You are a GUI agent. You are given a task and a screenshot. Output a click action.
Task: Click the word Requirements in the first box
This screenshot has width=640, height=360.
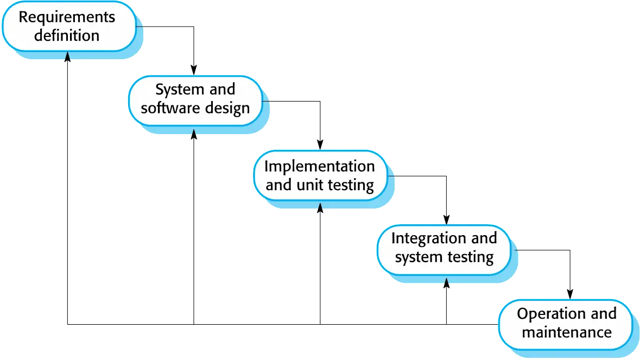coord(67,17)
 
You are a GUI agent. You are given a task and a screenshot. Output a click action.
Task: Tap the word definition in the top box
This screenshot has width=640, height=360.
coord(67,36)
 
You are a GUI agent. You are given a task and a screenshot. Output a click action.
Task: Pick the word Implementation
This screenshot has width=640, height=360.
coord(319,166)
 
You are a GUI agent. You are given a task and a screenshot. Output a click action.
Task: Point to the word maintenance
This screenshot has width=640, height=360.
coord(566,332)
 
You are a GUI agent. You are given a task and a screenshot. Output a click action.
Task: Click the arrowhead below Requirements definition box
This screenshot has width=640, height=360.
coord(67,56)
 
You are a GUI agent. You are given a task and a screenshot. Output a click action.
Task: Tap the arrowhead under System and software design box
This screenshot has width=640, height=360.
coord(194,132)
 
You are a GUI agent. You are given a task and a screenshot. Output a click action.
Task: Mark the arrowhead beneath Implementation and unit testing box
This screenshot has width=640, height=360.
coord(320,207)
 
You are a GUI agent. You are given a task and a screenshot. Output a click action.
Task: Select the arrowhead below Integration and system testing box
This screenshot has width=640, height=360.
coord(446,281)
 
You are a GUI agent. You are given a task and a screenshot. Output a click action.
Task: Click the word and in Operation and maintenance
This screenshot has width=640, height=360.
coord(604,314)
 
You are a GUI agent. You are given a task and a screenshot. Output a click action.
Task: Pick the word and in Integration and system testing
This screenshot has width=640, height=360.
coord(484,238)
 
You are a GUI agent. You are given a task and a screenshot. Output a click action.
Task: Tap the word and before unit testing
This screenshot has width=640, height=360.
coord(278,185)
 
